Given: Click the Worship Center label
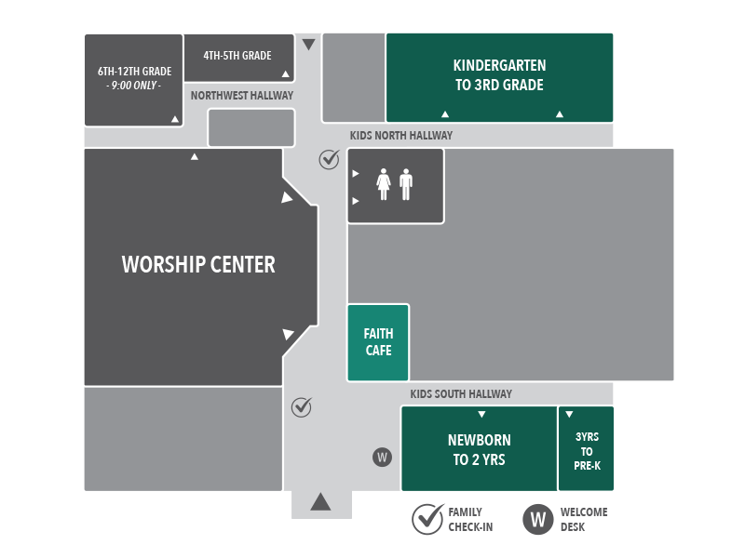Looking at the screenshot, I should (x=198, y=264).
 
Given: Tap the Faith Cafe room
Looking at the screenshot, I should (x=378, y=342).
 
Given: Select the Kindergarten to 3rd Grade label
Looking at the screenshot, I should (x=499, y=75).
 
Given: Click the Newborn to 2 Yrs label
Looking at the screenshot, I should (x=479, y=449).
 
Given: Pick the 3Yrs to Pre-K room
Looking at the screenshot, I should (x=587, y=451).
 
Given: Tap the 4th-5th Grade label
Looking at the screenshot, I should (x=237, y=56).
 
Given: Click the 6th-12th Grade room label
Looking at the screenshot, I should (x=134, y=78).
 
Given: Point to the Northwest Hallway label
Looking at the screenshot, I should (x=241, y=96).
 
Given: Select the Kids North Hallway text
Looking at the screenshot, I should (x=401, y=136).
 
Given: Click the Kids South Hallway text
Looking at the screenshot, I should (x=461, y=394).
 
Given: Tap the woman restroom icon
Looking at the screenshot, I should (x=383, y=184).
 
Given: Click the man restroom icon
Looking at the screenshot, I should (x=405, y=184).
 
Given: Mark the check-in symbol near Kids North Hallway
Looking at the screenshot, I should (x=329, y=160).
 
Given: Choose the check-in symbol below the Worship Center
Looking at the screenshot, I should (x=302, y=406).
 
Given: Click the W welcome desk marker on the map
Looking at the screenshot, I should (x=382, y=458).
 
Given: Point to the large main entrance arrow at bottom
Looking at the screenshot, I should (x=320, y=502).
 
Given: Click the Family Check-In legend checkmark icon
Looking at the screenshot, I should (x=427, y=519).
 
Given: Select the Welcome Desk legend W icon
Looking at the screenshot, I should (x=538, y=519).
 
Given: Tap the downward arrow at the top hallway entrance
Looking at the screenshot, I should (x=309, y=45).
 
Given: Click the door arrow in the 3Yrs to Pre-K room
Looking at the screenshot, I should (x=569, y=415).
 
